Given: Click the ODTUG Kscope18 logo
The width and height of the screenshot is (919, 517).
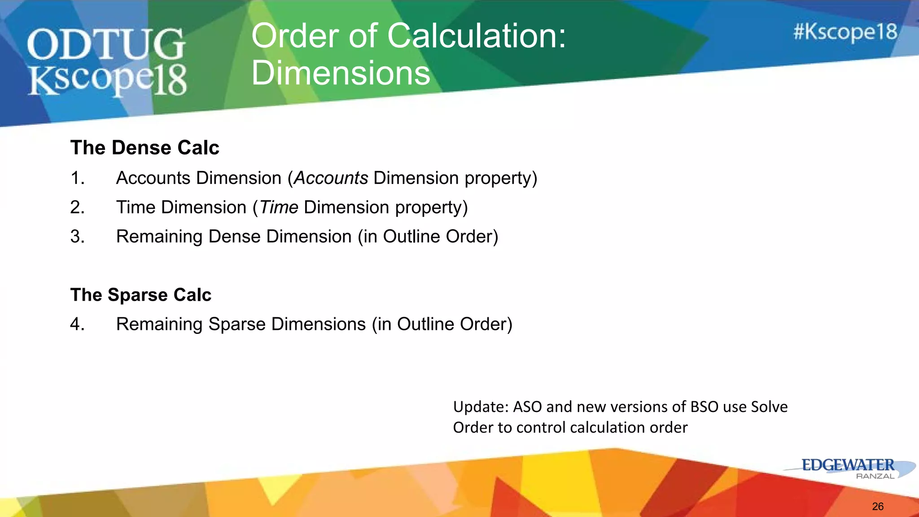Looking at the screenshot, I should click(x=107, y=61).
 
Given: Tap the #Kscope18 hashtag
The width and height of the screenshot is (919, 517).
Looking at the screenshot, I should click(x=845, y=32).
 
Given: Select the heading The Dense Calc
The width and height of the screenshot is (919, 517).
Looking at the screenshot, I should click(x=144, y=148).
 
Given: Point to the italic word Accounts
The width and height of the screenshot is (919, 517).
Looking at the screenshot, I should click(x=331, y=178).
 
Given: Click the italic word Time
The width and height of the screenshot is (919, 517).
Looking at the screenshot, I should click(x=279, y=207).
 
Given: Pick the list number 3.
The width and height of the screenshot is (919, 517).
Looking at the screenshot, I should click(x=77, y=237).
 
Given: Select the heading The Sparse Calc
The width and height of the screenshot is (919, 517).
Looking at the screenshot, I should click(x=140, y=295).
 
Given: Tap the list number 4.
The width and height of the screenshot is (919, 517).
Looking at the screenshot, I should click(x=77, y=324).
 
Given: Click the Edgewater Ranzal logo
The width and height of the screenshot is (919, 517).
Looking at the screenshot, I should click(x=849, y=469).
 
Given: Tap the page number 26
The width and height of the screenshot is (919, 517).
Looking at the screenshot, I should click(x=878, y=507).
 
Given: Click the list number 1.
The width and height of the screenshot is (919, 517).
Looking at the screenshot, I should click(x=77, y=178).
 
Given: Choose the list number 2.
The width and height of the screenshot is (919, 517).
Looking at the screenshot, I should click(x=77, y=207).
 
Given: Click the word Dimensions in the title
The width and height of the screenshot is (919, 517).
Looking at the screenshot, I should click(x=341, y=73).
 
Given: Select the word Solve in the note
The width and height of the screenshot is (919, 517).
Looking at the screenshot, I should click(x=769, y=407).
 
